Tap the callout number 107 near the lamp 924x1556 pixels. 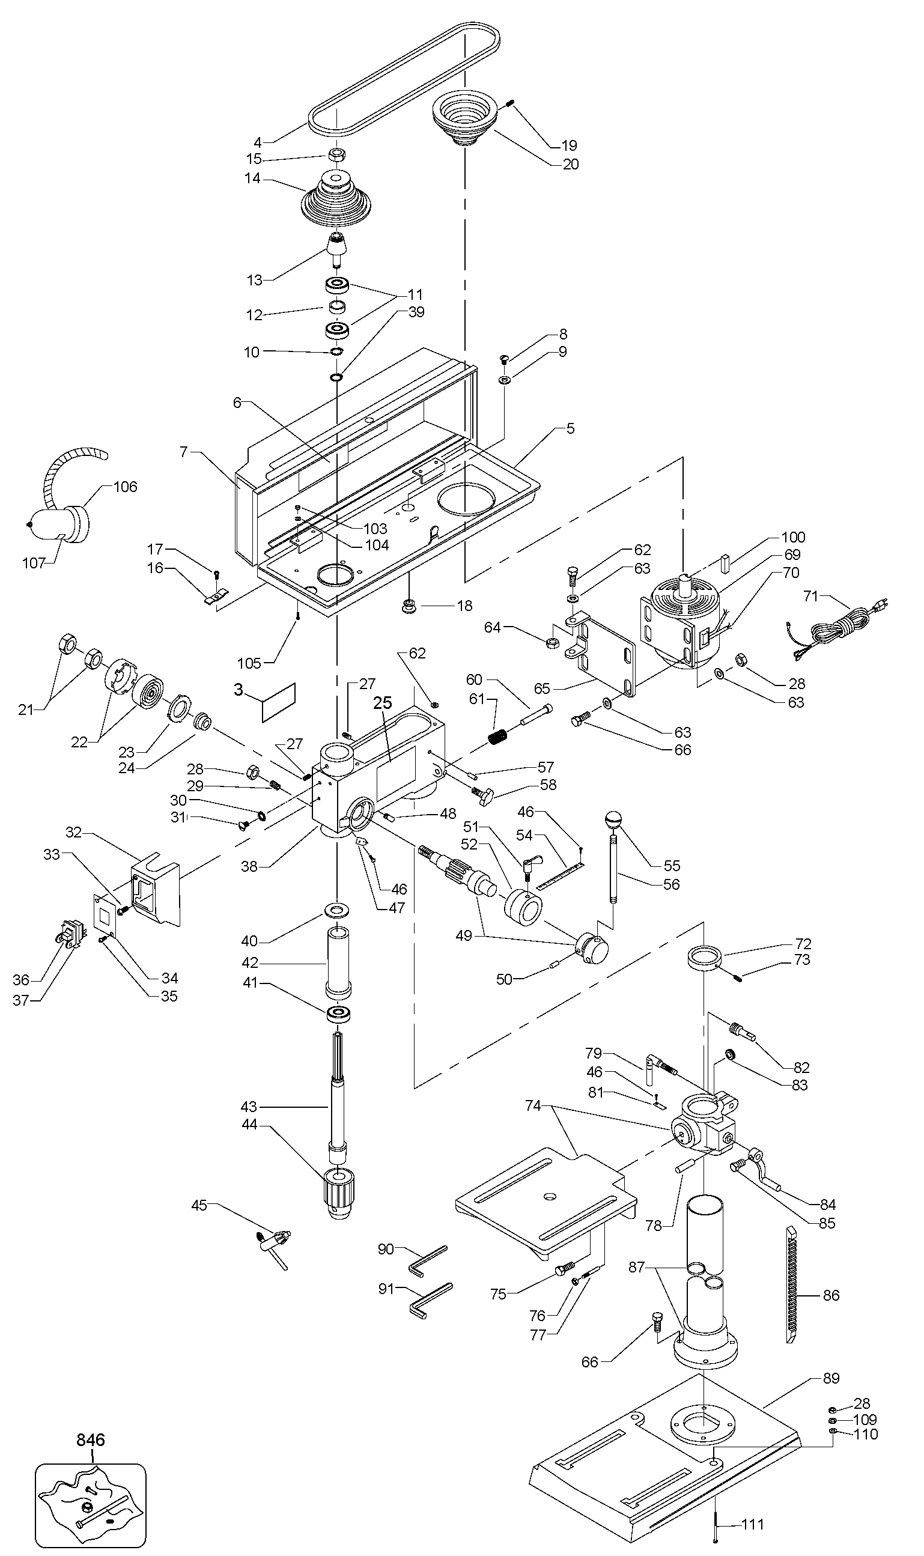34,563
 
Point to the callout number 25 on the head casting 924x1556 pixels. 382,703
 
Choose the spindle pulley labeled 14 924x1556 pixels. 336,199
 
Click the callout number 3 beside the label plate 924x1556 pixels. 239,690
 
